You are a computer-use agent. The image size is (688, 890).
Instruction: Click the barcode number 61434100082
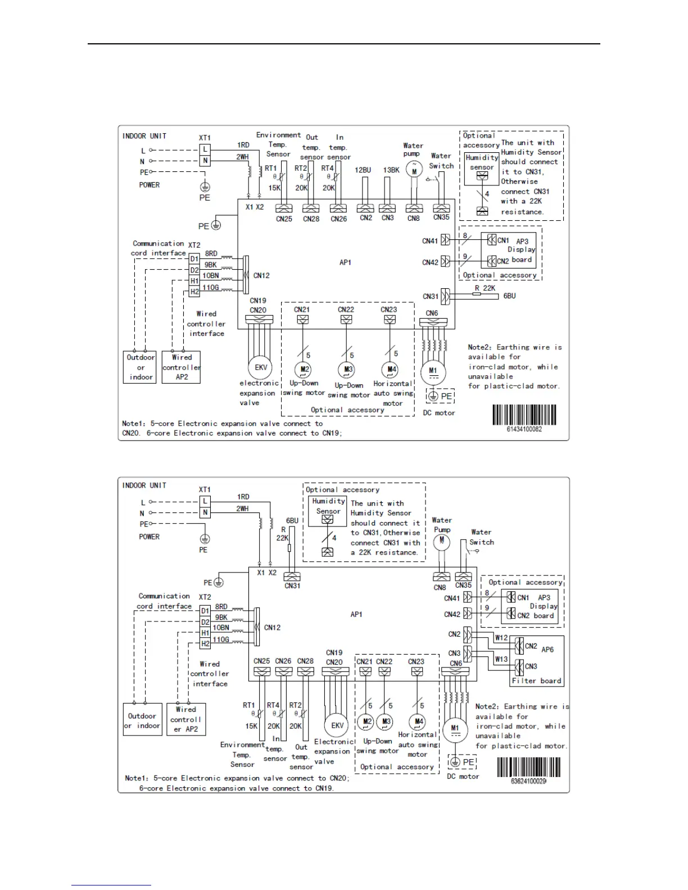click(524, 429)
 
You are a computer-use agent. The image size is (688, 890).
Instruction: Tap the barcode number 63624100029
click(528, 782)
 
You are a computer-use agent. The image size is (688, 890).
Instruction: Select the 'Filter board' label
click(536, 680)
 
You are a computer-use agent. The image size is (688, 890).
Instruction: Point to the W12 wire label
click(501, 638)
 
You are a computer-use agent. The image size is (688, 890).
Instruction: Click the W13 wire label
click(501, 659)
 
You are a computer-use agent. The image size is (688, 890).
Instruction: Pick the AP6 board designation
click(547, 650)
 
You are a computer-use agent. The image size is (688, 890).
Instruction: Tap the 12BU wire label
click(363, 170)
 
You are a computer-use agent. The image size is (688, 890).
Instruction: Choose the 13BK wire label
click(391, 170)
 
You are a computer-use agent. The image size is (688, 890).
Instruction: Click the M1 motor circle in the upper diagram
click(433, 372)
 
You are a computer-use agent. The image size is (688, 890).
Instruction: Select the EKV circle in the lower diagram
click(337, 725)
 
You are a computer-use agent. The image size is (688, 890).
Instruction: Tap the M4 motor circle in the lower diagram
click(418, 722)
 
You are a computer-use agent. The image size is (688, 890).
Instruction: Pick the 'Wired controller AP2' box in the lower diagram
click(185, 719)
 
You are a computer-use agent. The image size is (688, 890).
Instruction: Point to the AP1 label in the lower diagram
click(356, 614)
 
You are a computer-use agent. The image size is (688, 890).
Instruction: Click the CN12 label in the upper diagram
click(261, 275)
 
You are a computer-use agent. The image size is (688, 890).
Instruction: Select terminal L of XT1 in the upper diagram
click(205, 149)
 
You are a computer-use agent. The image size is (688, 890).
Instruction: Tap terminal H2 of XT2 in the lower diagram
click(205, 644)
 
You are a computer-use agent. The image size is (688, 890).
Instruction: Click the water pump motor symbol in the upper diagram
click(414, 169)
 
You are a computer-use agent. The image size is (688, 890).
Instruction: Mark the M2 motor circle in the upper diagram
click(304, 370)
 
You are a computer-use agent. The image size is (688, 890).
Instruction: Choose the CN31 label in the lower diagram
click(292, 585)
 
